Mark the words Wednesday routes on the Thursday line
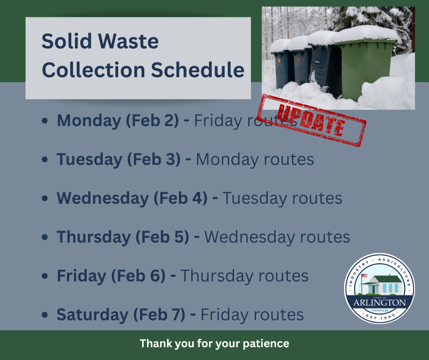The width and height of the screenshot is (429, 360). (x=277, y=237)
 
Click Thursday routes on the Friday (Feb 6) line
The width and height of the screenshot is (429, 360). (x=244, y=276)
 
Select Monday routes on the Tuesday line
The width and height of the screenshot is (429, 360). (x=255, y=159)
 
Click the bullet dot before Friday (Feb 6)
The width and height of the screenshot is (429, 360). (x=45, y=276)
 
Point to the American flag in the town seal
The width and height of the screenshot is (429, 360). (x=364, y=276)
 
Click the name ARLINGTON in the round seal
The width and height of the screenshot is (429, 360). (x=380, y=303)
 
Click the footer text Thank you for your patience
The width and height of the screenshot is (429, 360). (x=214, y=344)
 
